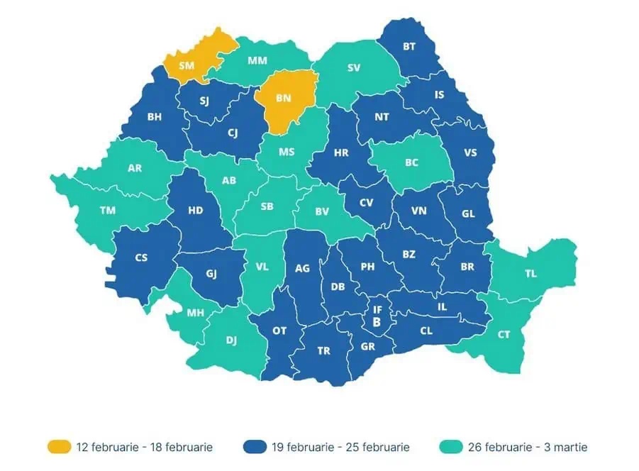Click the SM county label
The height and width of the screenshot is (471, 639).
coord(187,65)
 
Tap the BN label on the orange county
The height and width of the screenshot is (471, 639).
coord(283,99)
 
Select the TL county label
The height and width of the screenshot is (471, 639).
coord(530,273)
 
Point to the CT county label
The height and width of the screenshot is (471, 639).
coord(504,334)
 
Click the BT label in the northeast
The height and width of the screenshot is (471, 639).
coord(409,47)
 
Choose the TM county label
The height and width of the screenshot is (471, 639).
coord(108,210)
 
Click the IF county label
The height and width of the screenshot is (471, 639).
coord(377,309)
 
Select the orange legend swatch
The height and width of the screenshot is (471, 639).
coord(59,447)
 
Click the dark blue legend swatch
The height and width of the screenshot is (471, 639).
coord(255,447)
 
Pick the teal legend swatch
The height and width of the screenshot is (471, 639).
coord(451,447)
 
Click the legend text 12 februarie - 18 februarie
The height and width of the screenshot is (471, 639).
coord(145,447)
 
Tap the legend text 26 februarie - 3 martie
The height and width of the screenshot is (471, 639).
coord(528,447)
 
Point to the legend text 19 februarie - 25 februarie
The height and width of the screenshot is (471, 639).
coord(340,447)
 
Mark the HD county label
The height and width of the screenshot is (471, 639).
coord(196,210)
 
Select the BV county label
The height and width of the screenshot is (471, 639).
coord(323,211)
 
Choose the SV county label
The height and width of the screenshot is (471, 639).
coord(354,68)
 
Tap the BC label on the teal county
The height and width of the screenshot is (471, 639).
coord(411,162)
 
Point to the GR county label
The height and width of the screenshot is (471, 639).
coord(367,347)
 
